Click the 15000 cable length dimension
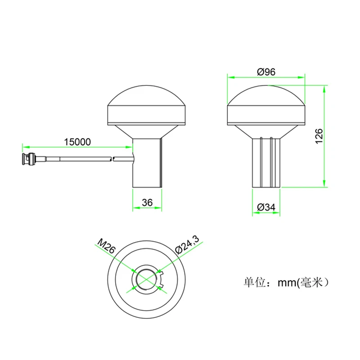point(77,141)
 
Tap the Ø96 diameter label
point(266,72)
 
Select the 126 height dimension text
point(319,136)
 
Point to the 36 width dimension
point(147,203)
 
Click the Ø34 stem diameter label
point(266,207)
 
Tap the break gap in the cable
point(113,158)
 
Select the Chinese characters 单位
point(253,283)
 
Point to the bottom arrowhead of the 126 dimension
point(324,184)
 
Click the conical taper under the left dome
point(147,132)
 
